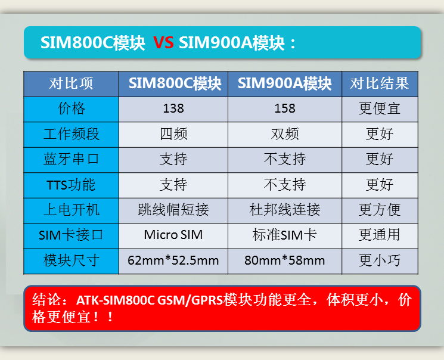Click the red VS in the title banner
point(163,43)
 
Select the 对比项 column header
point(71,83)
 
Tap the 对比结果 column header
point(380,83)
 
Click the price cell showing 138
point(173,108)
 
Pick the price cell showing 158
point(285,108)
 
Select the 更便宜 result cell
point(380,108)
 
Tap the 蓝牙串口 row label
point(71,159)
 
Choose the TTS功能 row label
point(71,185)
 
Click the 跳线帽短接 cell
point(173,210)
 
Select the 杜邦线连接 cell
point(285,210)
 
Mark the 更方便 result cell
point(380,210)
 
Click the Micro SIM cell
point(173,235)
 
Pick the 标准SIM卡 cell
point(285,235)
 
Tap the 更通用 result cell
point(380,235)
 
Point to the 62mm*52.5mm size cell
point(173,260)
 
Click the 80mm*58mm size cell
point(285,260)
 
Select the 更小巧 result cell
point(380,260)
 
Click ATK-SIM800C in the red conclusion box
point(116,300)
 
